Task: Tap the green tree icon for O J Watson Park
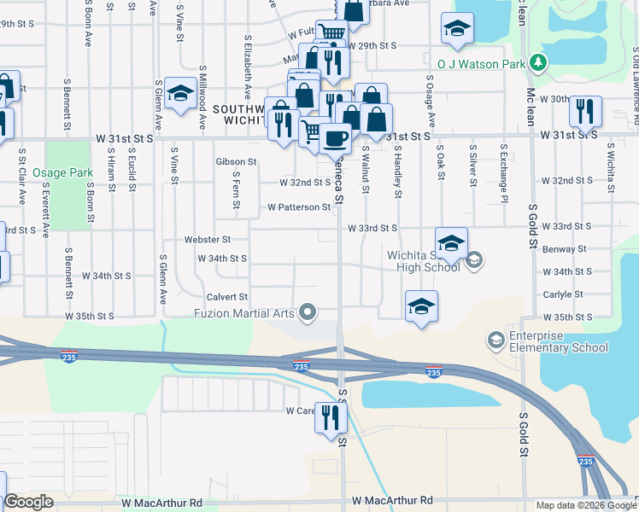tap(537, 62)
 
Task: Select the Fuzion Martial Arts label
tap(255, 312)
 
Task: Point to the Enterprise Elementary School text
tap(559, 341)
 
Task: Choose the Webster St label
tap(214, 241)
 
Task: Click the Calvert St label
tap(226, 297)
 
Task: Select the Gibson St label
tap(237, 161)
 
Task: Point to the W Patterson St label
tap(298, 207)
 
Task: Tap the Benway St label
tap(566, 249)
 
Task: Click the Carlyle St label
tap(563, 294)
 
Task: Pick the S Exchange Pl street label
tap(504, 173)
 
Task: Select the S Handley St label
tap(398, 172)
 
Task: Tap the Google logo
tap(28, 502)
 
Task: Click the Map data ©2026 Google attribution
tap(585, 505)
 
